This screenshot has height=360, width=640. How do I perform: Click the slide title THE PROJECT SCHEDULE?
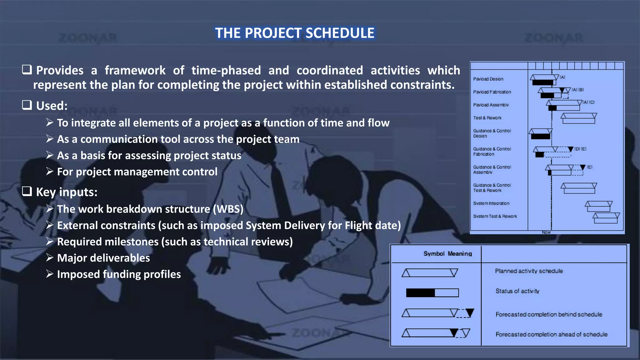click(x=295, y=33)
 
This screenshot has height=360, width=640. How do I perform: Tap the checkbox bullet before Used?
click(x=27, y=105)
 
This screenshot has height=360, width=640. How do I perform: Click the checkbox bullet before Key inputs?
click(x=27, y=191)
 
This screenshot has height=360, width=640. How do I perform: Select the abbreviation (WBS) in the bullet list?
click(x=228, y=209)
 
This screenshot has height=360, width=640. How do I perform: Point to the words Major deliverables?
click(x=103, y=258)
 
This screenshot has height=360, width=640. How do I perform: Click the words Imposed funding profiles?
click(x=119, y=274)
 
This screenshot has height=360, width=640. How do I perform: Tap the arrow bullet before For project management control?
click(x=49, y=171)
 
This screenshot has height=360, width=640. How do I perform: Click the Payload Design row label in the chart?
click(x=488, y=79)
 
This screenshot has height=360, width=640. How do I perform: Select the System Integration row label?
click(x=491, y=203)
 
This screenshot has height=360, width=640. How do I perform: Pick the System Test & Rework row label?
click(x=495, y=216)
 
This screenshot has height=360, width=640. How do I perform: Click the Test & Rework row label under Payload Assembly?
click(x=487, y=118)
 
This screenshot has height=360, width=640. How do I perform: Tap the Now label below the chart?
click(x=546, y=232)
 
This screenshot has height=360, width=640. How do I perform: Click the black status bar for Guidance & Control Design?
click(x=540, y=137)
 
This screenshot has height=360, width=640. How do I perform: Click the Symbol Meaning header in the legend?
click(x=447, y=254)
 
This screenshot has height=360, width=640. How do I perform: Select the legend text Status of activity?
click(x=517, y=291)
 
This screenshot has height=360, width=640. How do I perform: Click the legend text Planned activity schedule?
click(x=529, y=271)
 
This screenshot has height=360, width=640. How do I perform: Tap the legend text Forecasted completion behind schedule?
click(x=548, y=314)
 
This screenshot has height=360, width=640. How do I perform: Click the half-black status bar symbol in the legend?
click(x=432, y=293)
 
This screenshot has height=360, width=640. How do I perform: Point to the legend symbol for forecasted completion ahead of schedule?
click(x=436, y=333)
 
